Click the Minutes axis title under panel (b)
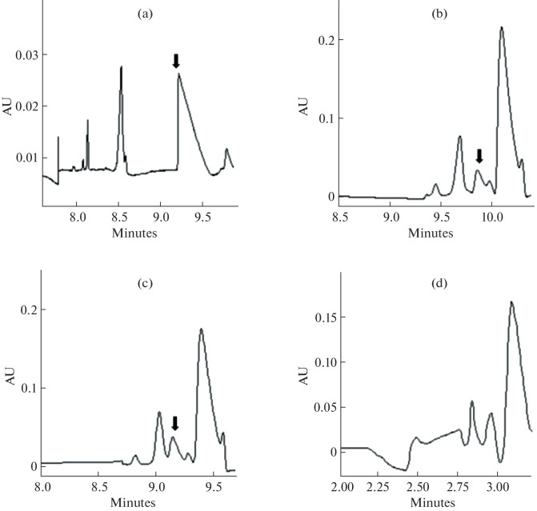coord(430,234)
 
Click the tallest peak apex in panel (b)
coord(502,27)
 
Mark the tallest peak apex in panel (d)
coord(511,302)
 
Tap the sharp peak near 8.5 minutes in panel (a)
coord(121,67)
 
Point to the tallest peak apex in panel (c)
coord(201,329)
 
